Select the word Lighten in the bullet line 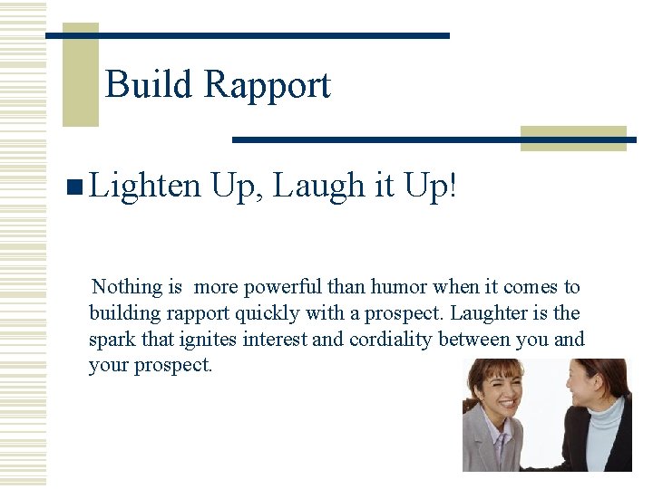tap(145, 187)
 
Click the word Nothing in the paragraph tap(128, 287)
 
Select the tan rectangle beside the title tap(80, 76)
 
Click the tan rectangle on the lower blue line tap(573, 138)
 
